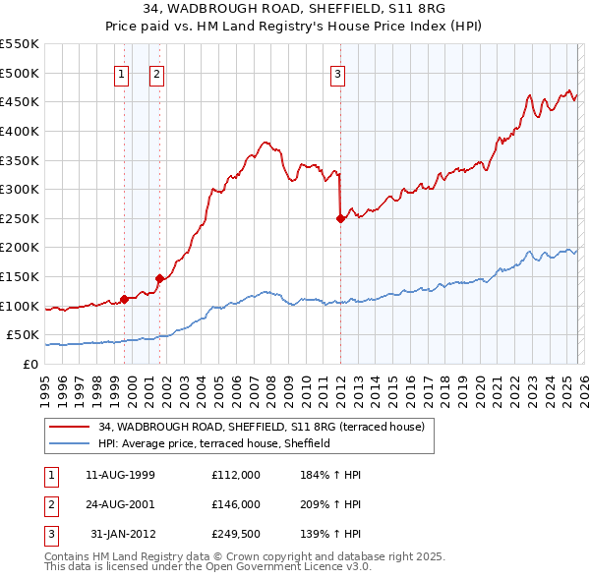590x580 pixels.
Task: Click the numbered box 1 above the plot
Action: (x=121, y=73)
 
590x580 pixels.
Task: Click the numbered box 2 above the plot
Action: (x=156, y=73)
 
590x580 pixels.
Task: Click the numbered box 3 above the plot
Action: (x=337, y=73)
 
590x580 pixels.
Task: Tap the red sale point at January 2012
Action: (x=340, y=219)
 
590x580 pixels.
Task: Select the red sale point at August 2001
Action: (x=159, y=279)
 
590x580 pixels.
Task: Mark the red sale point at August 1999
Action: (x=124, y=299)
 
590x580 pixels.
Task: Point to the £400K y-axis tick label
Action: (x=19, y=131)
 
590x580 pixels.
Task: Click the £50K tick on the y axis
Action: (x=23, y=335)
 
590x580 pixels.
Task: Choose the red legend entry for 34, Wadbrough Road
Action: (x=261, y=427)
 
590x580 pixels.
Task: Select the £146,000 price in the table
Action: (x=236, y=504)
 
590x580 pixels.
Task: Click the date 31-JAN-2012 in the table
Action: (x=120, y=534)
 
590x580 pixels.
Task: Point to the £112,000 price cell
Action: (x=236, y=475)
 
